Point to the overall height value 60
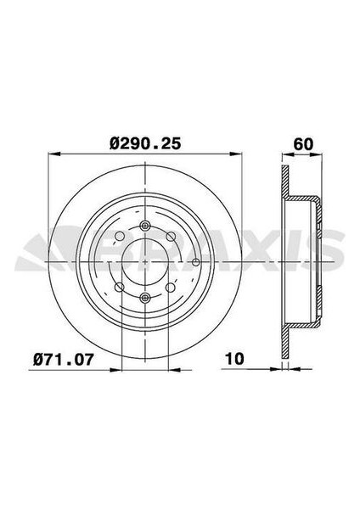[x=300, y=143]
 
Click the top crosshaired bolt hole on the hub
[x=145, y=226]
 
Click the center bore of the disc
[x=145, y=261]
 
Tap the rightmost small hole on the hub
[x=197, y=261]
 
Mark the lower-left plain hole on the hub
[x=116, y=287]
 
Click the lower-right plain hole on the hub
[x=175, y=287]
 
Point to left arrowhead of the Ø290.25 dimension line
[x=53, y=154]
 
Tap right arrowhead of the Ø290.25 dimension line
[x=238, y=154]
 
